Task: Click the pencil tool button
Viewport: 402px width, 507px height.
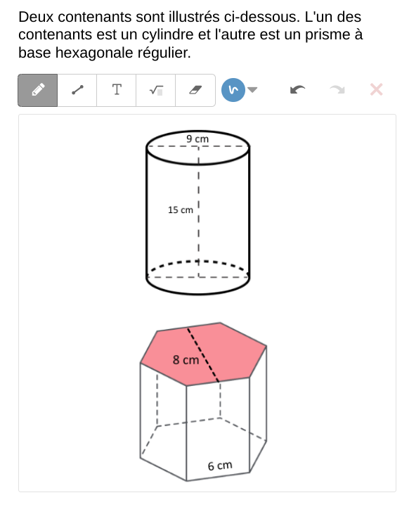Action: [38, 90]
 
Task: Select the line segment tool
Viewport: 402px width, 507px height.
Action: [77, 90]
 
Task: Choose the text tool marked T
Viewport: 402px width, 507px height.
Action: [117, 90]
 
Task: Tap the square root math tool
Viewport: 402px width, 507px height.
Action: [156, 90]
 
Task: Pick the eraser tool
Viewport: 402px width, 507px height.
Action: [195, 90]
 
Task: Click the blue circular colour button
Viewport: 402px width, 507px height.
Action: [233, 90]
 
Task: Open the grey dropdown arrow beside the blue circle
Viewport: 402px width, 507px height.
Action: [252, 89]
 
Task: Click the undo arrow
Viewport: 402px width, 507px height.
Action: [297, 89]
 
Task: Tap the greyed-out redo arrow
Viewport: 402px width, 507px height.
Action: [337, 89]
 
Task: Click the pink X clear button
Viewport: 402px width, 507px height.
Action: [377, 89]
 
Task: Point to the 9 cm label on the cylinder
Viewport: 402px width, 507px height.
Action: [197, 139]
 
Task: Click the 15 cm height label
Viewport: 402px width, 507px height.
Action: [181, 210]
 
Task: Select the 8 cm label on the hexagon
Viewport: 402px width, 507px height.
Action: [186, 360]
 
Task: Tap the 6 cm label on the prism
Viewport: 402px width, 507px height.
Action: [220, 466]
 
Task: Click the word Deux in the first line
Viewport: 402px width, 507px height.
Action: [36, 17]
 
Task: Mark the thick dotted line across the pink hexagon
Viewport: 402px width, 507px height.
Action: [203, 355]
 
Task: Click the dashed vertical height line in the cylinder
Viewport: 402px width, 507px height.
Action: [198, 212]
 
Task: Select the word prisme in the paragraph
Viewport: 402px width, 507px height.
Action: [328, 35]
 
